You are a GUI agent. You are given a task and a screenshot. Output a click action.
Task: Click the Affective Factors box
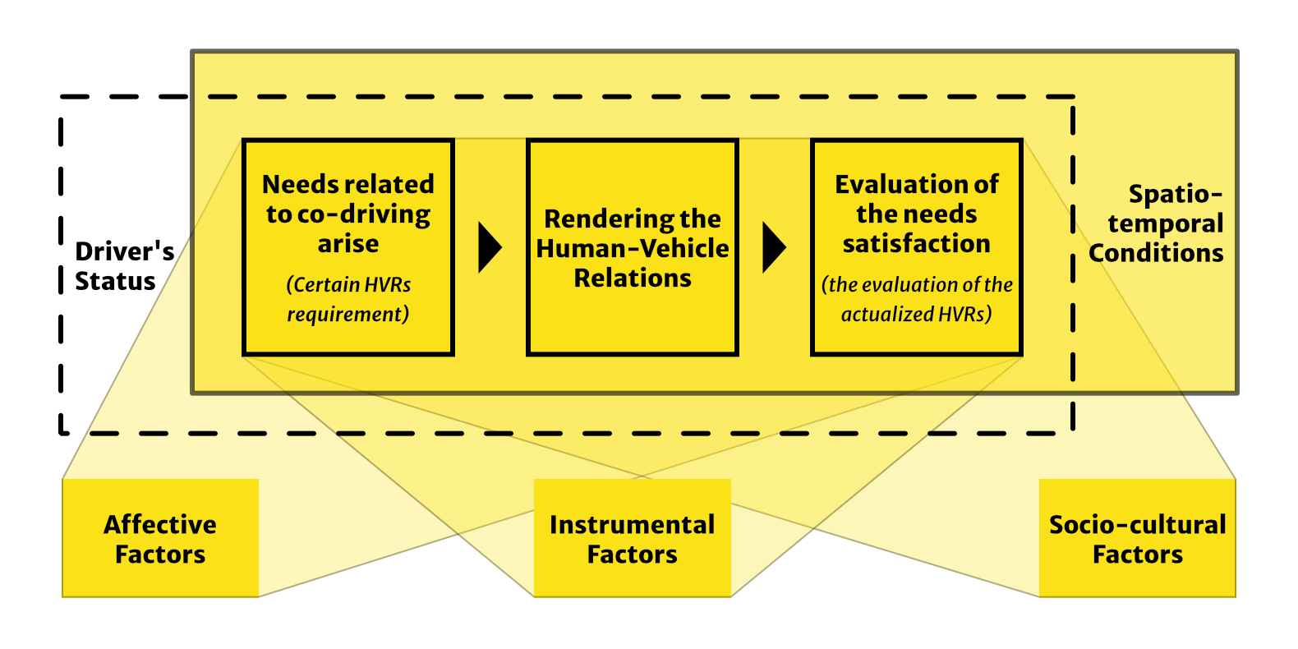160,538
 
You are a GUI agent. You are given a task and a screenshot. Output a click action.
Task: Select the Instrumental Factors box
632,538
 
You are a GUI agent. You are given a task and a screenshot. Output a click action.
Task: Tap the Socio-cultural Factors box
1137,538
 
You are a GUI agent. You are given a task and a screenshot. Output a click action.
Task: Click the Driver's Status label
124,266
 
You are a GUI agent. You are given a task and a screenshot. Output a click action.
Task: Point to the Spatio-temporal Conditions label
1158,223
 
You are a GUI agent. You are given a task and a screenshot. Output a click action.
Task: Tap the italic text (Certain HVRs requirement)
348,299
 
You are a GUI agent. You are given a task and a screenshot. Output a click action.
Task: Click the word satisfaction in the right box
916,244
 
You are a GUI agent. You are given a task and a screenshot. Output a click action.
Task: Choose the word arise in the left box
348,244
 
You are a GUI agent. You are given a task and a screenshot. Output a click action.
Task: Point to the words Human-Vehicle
632,248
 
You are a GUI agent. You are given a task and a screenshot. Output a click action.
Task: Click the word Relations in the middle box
632,278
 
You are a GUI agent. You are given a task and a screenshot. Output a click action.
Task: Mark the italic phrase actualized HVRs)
916,314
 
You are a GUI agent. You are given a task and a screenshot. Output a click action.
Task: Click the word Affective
160,524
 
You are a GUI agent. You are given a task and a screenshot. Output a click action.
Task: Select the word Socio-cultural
1137,524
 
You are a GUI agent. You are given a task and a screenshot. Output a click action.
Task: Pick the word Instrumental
632,524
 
